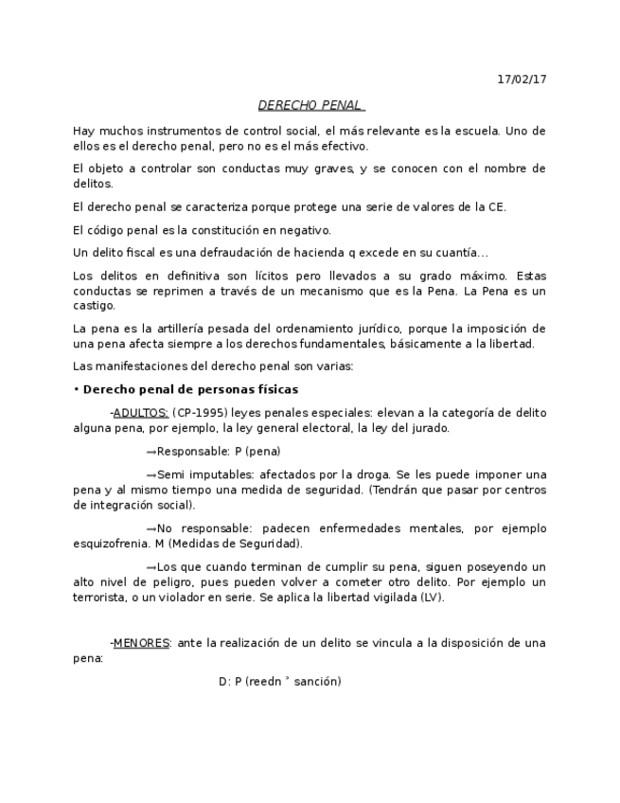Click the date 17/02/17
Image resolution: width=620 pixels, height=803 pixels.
[x=522, y=80]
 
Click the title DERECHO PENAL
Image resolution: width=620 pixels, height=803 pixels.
[x=310, y=105]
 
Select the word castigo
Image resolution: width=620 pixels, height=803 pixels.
[x=94, y=305]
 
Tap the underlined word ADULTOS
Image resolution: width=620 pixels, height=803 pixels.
[x=140, y=413]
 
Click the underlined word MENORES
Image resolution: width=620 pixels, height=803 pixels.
[x=141, y=643]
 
